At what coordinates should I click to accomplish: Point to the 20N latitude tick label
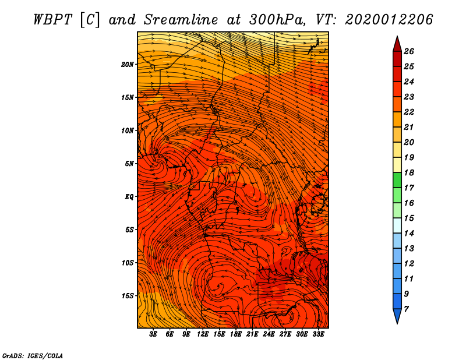[x=128, y=64]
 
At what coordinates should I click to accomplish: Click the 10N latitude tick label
[x=128, y=130]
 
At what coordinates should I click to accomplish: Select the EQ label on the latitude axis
[x=129, y=197]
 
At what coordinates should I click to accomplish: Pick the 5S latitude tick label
[x=129, y=230]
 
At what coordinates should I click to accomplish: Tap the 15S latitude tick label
[x=128, y=296]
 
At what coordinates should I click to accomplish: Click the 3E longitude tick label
[x=154, y=334]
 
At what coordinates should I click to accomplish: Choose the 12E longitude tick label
[x=203, y=334]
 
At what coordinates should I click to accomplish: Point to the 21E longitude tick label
[x=252, y=334]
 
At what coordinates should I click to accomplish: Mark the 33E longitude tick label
[x=318, y=334]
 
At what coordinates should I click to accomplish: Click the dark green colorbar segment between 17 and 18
[x=396, y=180]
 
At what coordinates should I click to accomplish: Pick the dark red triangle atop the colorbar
[x=396, y=44]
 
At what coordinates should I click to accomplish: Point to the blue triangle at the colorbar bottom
[x=396, y=316]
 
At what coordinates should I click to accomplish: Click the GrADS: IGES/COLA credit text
[x=32, y=355]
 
